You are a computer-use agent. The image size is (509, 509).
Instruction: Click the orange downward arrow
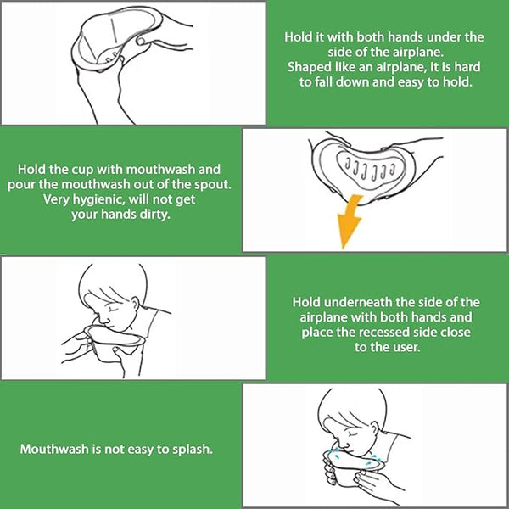pos(350,221)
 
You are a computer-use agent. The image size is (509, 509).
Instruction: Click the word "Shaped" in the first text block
pos(306,67)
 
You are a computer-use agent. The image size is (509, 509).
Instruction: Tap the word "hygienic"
pos(99,199)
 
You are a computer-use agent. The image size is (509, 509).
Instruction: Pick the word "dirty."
pos(154,215)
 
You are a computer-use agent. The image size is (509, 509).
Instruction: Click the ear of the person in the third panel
pos(134,303)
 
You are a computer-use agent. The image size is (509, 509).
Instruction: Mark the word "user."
pos(403,347)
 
